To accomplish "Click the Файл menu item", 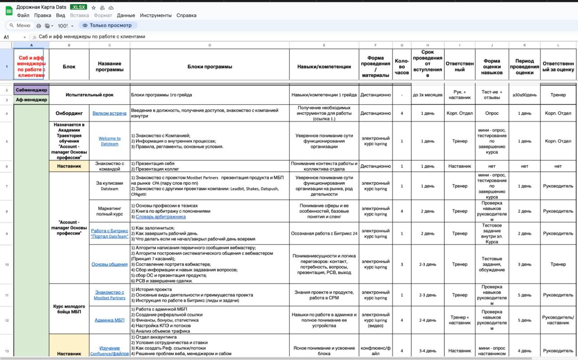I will point(23,15).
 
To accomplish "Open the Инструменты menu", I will point(156,15).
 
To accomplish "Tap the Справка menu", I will point(186,15).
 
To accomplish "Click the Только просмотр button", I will point(107,26).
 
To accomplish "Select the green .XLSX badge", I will point(79,8).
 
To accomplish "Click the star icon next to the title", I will point(93,8).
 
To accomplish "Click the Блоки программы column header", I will point(210,66).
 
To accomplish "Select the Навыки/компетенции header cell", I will point(324,66).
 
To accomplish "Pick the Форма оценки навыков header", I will point(492,66).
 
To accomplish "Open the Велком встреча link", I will point(109,113).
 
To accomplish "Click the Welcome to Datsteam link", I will point(110,141).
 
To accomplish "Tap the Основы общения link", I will point(109,264).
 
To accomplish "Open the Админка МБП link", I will point(109,320).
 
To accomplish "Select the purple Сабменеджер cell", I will point(31,90).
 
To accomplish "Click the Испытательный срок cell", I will point(89,95).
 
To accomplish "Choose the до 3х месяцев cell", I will point(428,95).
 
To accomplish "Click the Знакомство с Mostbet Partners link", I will point(110,295).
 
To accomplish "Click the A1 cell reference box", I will point(14,37).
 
